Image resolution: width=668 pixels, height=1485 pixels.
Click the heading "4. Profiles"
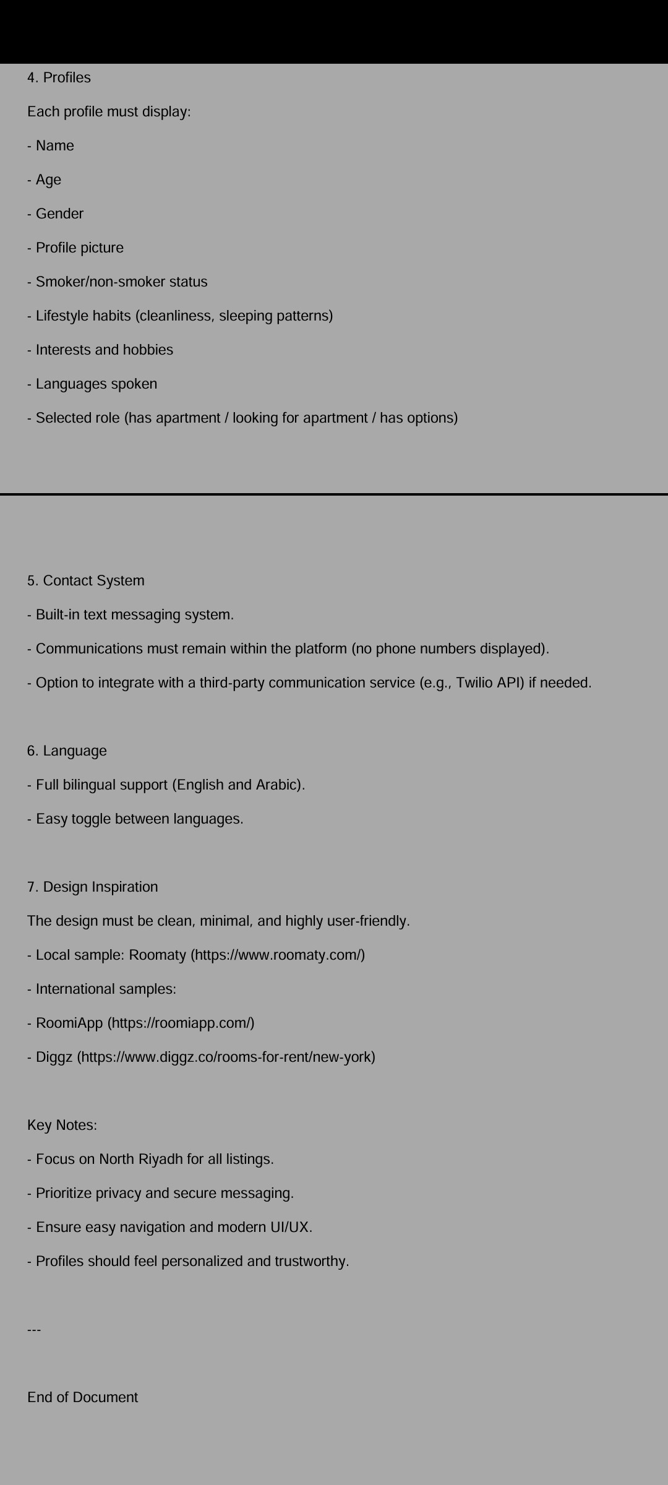(59, 78)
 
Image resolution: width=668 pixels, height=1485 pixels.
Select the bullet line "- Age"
(45, 180)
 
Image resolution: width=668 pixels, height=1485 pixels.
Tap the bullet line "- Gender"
(56, 214)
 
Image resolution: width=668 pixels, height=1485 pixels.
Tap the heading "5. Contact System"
(85, 581)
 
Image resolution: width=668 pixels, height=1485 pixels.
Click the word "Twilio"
(474, 683)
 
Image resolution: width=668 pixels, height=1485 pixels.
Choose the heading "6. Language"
(67, 751)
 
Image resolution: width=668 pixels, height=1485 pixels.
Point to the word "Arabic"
(276, 785)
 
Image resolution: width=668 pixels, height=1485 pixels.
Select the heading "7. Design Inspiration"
(92, 887)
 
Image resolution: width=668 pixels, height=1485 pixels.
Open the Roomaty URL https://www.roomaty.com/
(278, 955)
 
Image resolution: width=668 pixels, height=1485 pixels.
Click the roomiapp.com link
(181, 1023)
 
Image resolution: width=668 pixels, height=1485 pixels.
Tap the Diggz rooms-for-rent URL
(226, 1057)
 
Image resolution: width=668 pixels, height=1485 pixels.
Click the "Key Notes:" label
(62, 1126)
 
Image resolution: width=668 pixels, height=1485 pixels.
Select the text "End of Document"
(82, 1398)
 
